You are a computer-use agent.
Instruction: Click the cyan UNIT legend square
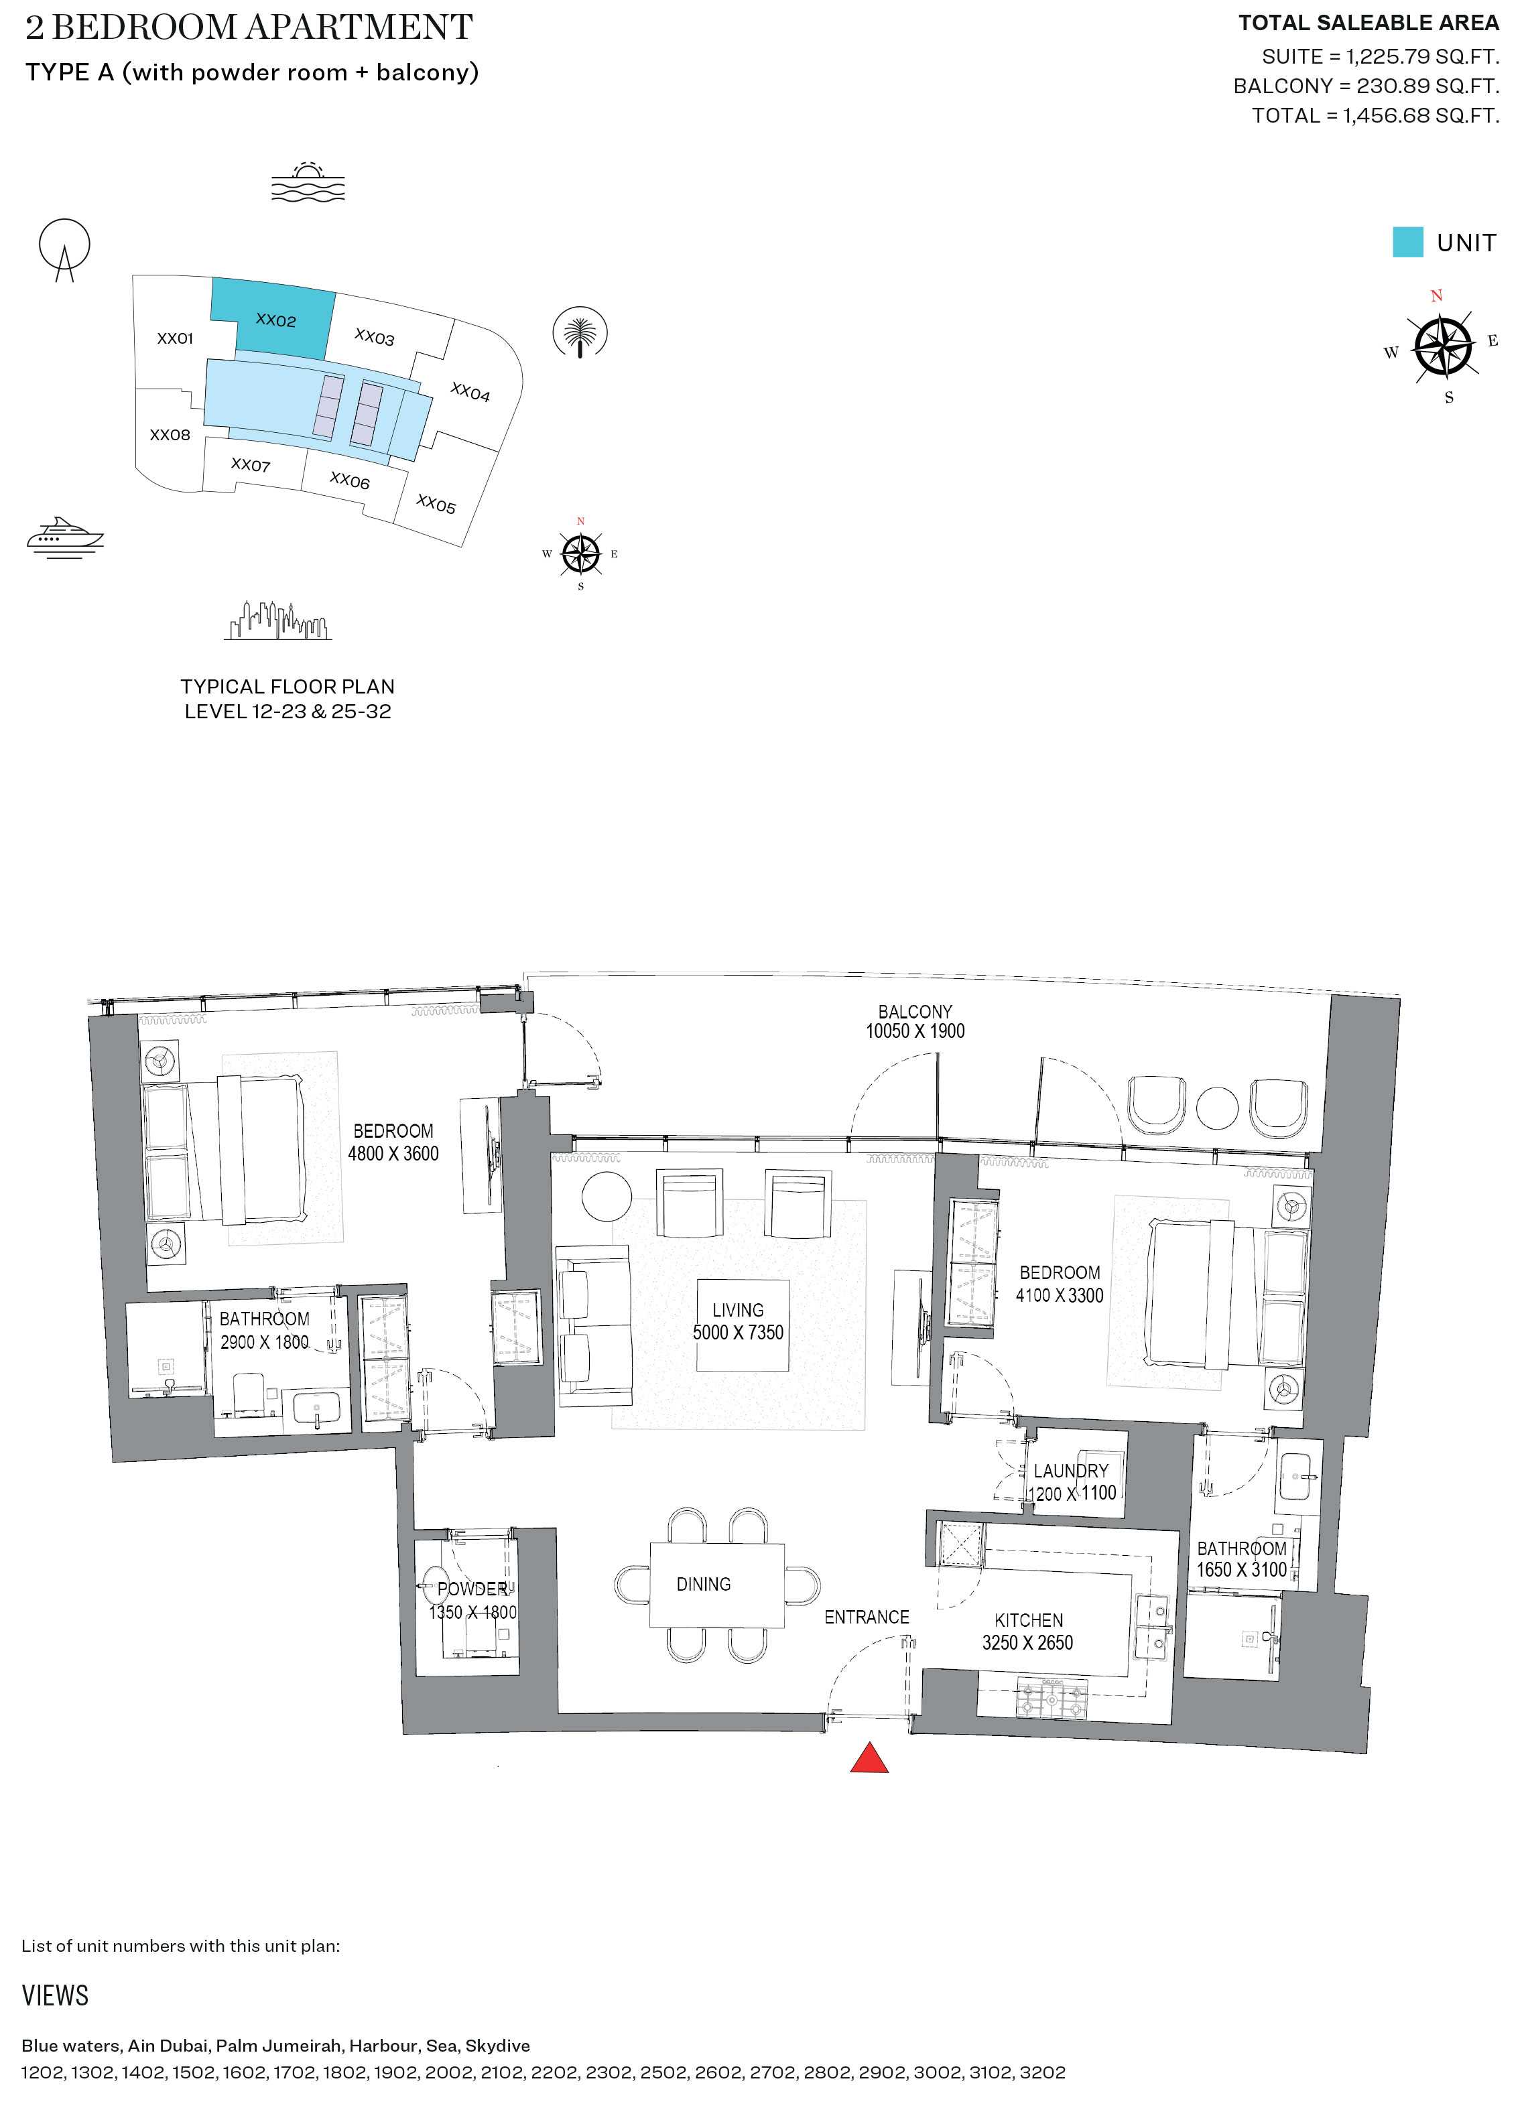tap(1407, 242)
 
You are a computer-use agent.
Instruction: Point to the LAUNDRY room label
tap(1070, 1470)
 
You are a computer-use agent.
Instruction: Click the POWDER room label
tap(472, 1588)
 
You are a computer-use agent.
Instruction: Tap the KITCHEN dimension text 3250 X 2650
tap(1027, 1642)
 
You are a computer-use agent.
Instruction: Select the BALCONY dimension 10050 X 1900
tap(914, 1031)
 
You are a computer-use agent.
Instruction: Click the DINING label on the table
tap(703, 1583)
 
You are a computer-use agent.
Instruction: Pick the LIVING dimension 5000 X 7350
tap(738, 1332)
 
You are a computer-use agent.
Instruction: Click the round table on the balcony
tap(1216, 1109)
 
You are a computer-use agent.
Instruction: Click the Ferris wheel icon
tap(64, 248)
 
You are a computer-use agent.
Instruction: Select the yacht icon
tap(64, 537)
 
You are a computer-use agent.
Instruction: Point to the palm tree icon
tap(580, 333)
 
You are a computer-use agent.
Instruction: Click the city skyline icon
tap(277, 620)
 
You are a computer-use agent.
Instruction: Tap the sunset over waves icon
tap(308, 182)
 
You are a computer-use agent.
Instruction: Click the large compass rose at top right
tap(1444, 346)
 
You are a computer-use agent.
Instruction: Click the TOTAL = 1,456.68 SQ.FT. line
tap(1375, 115)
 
